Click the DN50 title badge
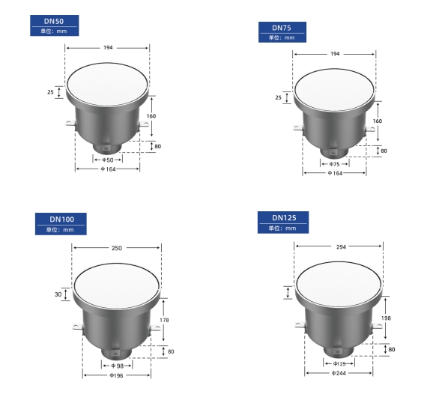coord(55,25)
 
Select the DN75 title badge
coord(282,32)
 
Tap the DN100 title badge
coord(61,224)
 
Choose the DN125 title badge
coord(283,222)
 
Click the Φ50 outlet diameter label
coord(108,160)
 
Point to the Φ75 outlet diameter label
coord(334,164)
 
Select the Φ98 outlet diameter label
coord(117,366)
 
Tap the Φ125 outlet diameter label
coord(339,363)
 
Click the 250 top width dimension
coord(117,248)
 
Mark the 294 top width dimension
coord(341,246)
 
